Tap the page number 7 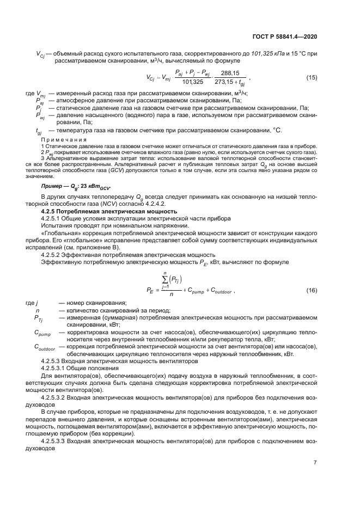315,463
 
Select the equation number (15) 312,77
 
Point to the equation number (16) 312,291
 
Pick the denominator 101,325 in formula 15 191,82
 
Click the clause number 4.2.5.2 54,255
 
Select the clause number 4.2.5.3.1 56,368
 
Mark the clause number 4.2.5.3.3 56,441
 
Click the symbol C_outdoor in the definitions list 45,347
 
